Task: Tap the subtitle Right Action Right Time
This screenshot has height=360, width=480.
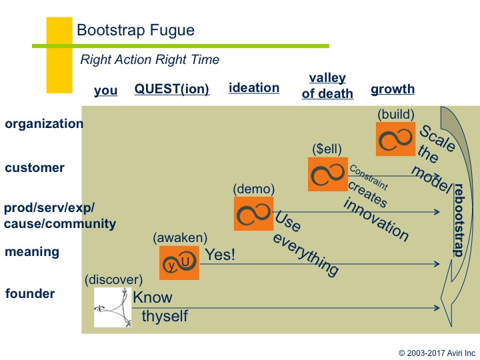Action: pos(149,59)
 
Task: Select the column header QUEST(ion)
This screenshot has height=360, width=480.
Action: pos(172,89)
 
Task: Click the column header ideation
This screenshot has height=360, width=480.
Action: pos(254,87)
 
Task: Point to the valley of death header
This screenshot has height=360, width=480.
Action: pos(327,86)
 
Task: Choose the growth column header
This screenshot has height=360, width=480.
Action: pos(393,89)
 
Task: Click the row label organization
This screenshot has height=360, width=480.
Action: pos(44,124)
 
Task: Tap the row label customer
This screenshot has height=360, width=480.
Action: pos(35,167)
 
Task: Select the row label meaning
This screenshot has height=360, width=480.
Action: pos(32,252)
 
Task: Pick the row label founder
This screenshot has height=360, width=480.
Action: pos(30,293)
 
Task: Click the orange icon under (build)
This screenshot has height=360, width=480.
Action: pos(395,139)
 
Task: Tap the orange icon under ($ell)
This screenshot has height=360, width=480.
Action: pos(327,174)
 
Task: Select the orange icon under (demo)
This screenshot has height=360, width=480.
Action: pos(253,213)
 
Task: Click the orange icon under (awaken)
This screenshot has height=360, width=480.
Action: pos(179,263)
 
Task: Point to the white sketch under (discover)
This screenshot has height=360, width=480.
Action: pos(113,307)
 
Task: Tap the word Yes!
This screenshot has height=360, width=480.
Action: pos(220,254)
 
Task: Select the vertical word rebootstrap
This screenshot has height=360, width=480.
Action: pos(458,220)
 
